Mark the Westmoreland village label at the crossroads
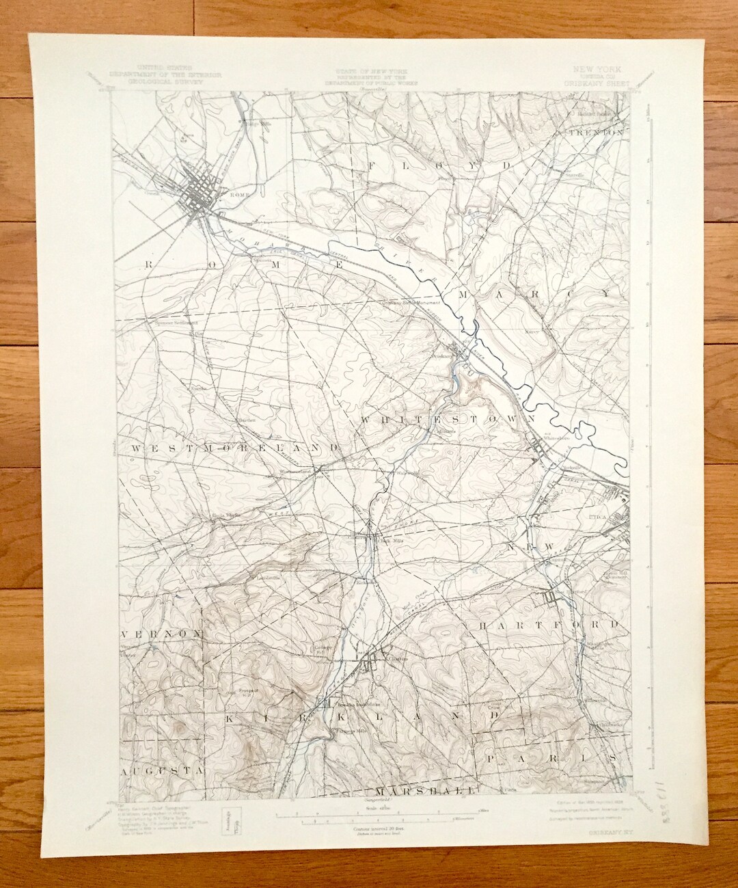(x=295, y=471)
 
